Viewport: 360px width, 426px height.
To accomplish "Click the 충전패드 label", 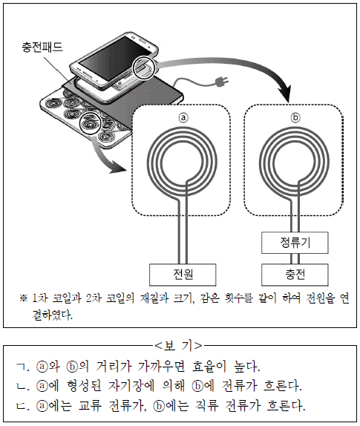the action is point(42,47).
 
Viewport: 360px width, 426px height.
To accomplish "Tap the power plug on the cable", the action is point(221,81).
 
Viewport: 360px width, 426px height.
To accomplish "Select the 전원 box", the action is point(183,275).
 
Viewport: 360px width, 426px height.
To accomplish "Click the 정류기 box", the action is point(295,243).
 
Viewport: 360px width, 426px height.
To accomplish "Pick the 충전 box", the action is point(295,275).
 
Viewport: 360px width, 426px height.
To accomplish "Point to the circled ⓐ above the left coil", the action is point(183,117).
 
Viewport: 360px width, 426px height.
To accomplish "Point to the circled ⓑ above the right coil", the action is point(295,117).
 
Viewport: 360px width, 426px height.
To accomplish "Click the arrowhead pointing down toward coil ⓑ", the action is point(285,94).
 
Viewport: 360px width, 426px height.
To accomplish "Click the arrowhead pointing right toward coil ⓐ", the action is point(119,168).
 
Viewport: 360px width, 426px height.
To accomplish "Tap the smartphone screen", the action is point(115,55).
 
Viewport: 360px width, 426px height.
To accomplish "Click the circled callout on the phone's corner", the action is point(143,68).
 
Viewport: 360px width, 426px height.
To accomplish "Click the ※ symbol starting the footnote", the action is point(24,298).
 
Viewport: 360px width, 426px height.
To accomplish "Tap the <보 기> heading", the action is point(178,345).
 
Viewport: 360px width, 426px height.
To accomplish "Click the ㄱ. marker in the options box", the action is point(22,367).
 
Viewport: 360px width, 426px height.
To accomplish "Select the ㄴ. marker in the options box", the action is point(22,387).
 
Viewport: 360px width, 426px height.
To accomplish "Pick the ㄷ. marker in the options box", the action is point(22,406).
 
